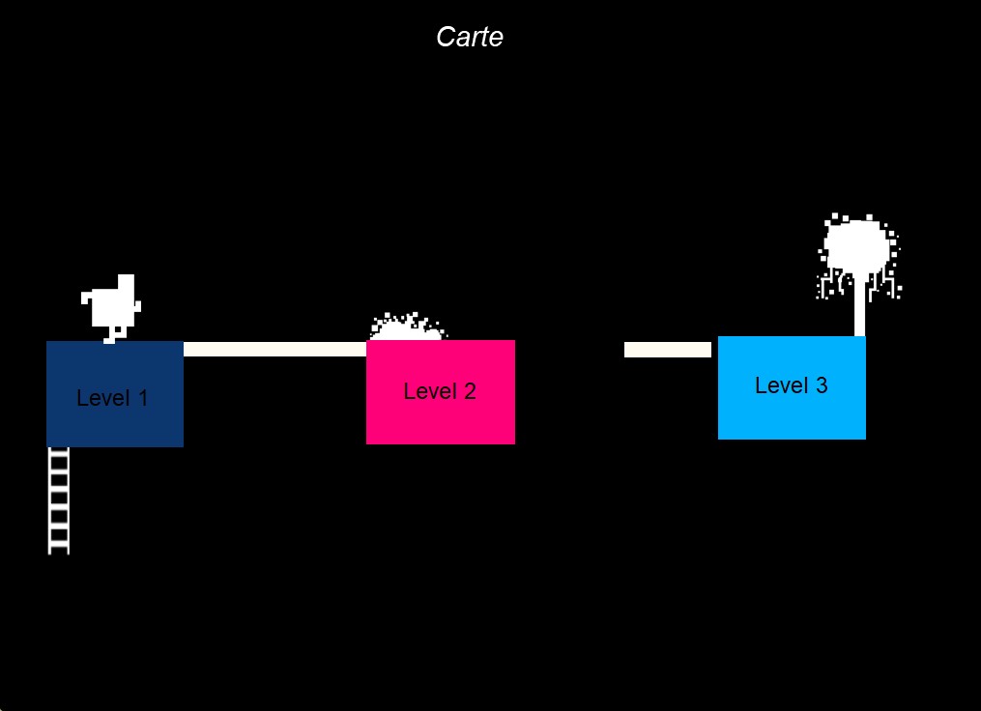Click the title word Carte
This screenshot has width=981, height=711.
(469, 37)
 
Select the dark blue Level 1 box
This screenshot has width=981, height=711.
(115, 394)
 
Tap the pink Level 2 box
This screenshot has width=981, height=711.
(441, 392)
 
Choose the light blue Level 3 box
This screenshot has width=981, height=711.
(792, 387)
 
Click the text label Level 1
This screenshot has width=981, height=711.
(112, 398)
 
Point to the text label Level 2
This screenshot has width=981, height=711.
(440, 391)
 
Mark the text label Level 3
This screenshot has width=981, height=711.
(792, 385)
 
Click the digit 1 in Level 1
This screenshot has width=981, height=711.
(143, 398)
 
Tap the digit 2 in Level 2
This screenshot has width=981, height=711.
(470, 391)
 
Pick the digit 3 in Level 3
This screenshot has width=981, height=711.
(822, 385)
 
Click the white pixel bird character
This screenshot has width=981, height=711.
(111, 308)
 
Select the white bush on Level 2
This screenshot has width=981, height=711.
(407, 327)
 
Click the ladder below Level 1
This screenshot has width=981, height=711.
(59, 500)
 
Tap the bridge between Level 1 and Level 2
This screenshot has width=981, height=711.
(274, 349)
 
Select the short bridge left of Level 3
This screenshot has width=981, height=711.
(668, 350)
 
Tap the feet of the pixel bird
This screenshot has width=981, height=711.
(111, 338)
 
